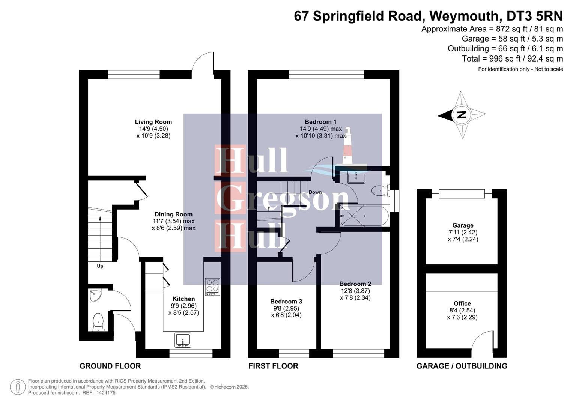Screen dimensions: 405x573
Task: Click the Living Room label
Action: click(x=153, y=122)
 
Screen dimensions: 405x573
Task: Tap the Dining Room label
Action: click(x=173, y=214)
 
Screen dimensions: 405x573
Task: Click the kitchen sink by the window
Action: click(x=183, y=340)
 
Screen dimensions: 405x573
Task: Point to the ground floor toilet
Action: click(x=98, y=322)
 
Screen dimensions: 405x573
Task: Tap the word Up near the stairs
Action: click(x=100, y=266)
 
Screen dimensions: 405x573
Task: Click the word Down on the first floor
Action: click(x=315, y=192)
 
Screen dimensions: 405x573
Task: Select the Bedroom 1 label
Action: click(x=320, y=122)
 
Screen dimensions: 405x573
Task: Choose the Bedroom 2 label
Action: click(x=355, y=284)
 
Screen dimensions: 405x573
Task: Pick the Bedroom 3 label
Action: click(x=286, y=301)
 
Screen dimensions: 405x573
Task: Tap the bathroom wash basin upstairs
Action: click(x=356, y=177)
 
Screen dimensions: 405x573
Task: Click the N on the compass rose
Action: click(x=462, y=115)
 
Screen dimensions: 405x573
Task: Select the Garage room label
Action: click(x=463, y=225)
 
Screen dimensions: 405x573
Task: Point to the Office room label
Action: click(x=462, y=303)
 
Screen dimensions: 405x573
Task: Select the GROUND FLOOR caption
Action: click(x=110, y=366)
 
